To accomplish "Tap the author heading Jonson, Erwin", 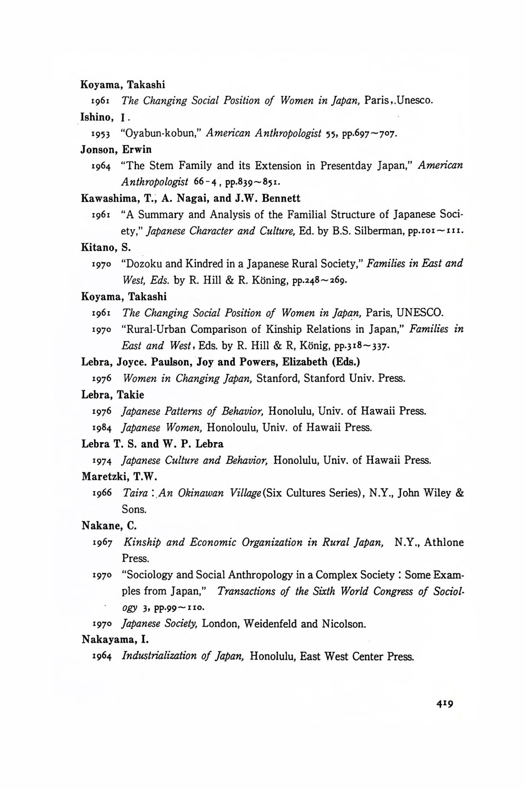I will tap(116, 149).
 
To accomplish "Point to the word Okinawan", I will tap(202, 493).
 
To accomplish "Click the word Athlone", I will tap(444, 542).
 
